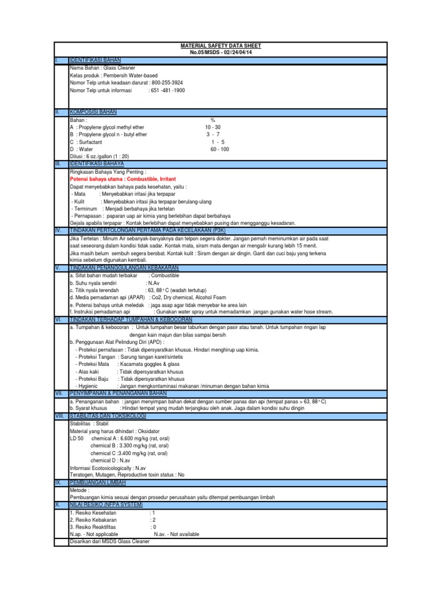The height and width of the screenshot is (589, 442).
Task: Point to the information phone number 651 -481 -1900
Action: coord(167,90)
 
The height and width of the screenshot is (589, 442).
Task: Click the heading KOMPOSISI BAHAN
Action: coord(94,112)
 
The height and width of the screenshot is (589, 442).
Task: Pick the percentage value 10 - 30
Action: coord(212,127)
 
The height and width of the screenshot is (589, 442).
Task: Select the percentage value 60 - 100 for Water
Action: coord(219,149)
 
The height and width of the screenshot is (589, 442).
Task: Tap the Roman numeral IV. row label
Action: coord(58,230)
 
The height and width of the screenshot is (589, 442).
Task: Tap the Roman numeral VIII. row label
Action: coord(59,415)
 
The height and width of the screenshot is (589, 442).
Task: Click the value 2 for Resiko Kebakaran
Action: coord(154,519)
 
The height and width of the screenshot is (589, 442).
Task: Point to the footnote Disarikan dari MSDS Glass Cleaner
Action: coord(109,542)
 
